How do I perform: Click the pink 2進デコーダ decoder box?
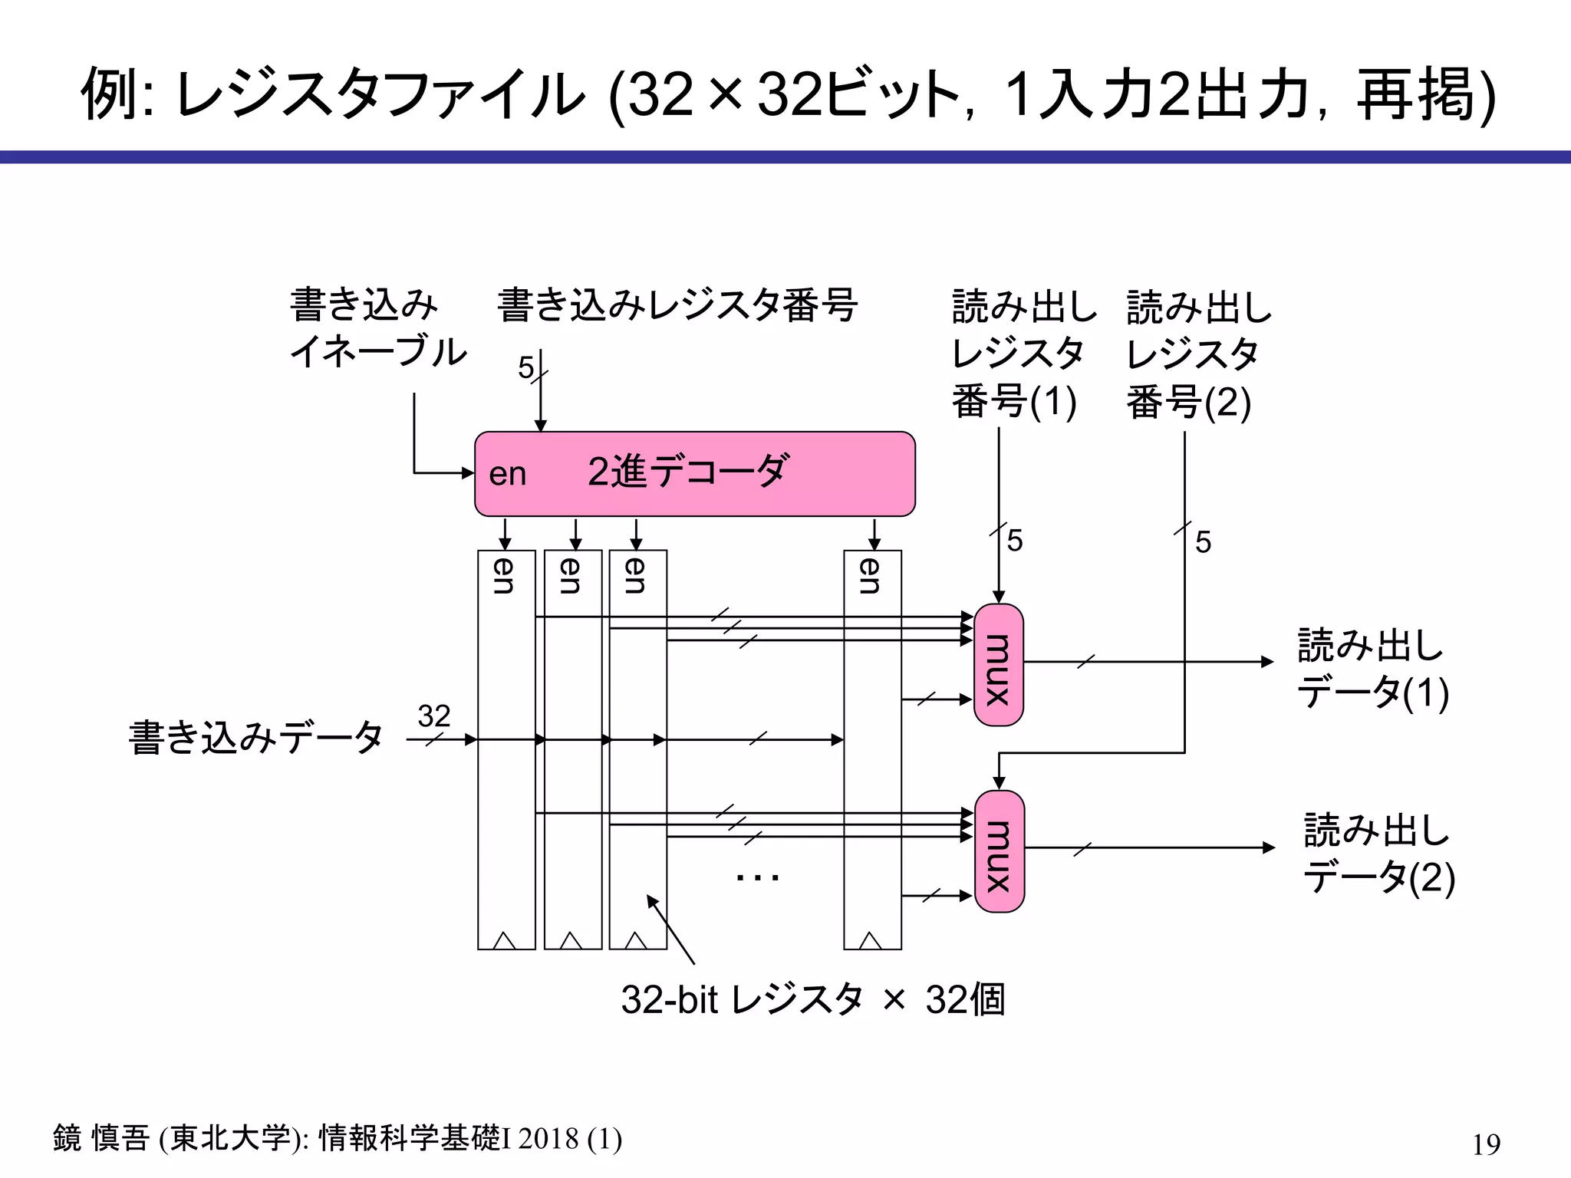click(694, 474)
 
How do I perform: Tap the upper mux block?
click(998, 665)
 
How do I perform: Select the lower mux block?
click(999, 851)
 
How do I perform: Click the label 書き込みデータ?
click(255, 738)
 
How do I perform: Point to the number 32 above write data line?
click(433, 716)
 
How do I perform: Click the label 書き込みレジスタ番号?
click(677, 305)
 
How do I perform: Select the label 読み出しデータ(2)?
click(1378, 854)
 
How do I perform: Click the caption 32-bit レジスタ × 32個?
click(812, 999)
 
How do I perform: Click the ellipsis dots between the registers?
click(757, 877)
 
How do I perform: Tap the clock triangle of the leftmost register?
click(504, 940)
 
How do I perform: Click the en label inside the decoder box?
click(507, 475)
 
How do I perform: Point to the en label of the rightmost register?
click(871, 575)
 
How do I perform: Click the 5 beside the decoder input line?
click(525, 368)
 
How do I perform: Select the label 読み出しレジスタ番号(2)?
click(1198, 354)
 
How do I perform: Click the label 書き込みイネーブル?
click(377, 328)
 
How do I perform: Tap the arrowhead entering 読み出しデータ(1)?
click(1267, 661)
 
